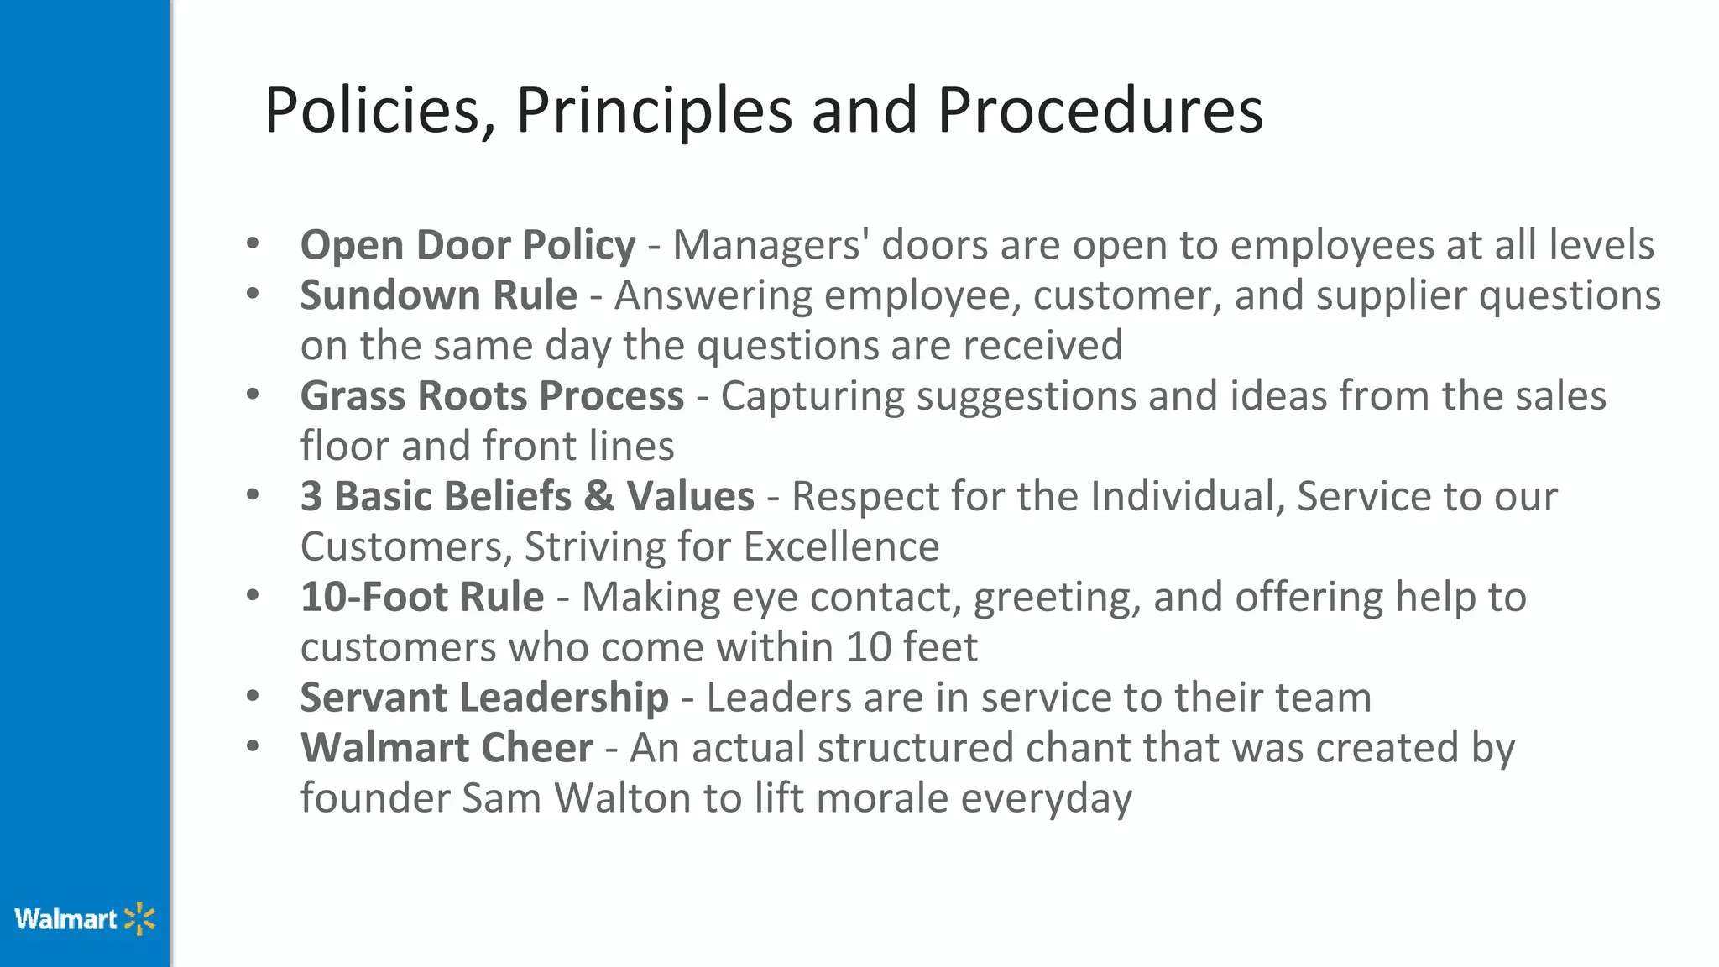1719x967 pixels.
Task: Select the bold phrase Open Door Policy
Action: [468, 245]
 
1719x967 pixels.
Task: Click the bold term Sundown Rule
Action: [438, 295]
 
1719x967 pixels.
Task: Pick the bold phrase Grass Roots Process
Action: [492, 396]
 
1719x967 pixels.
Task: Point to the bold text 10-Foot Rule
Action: [422, 597]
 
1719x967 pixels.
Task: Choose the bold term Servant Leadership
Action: [484, 698]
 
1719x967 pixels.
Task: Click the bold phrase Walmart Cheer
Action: [447, 748]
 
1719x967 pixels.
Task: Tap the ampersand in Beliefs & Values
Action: [599, 496]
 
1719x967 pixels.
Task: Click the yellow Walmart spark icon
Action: [140, 919]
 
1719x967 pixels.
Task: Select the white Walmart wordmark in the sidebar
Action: [65, 919]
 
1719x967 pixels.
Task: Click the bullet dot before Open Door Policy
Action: [253, 244]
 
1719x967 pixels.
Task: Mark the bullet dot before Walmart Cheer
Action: [253, 746]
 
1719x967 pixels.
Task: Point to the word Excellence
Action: [841, 546]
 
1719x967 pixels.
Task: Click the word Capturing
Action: [812, 396]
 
